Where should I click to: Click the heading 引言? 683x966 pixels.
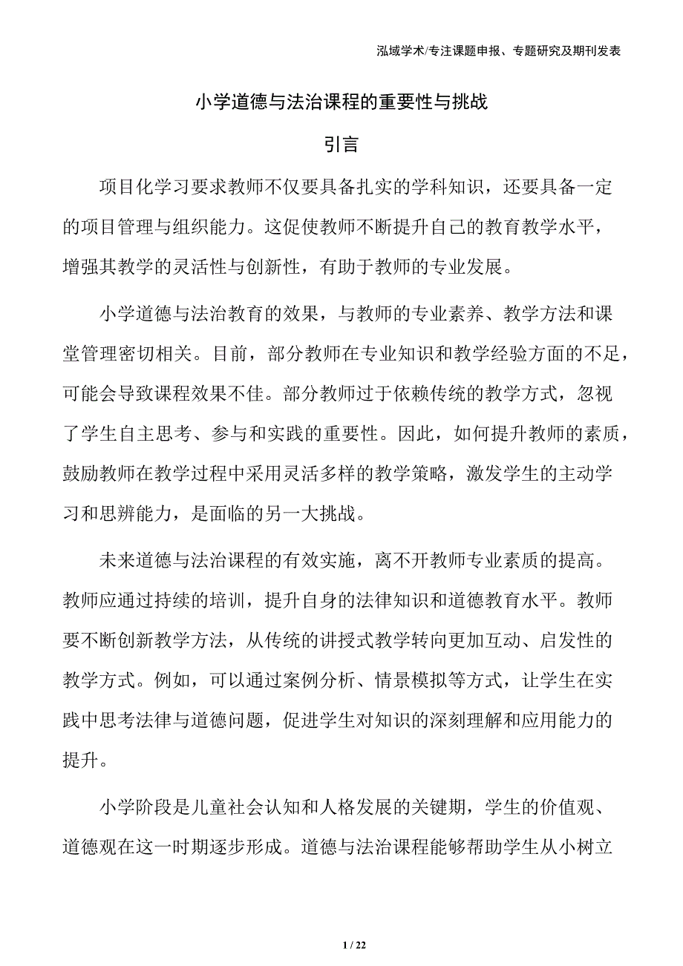point(341,144)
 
